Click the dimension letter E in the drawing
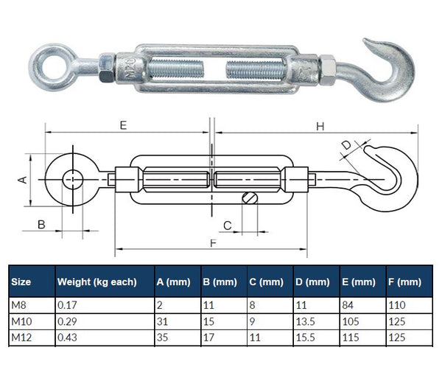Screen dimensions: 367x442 coord(123,125)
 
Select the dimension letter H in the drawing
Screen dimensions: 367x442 coord(320,126)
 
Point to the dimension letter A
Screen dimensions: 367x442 coord(22,179)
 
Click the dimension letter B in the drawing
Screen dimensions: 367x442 coord(42,224)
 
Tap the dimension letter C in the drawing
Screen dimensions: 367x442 coord(228,225)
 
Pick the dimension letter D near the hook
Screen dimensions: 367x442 coord(346,145)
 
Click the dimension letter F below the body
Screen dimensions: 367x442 coord(213,243)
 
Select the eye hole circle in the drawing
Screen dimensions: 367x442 coord(72,178)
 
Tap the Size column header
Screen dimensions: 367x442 coord(21,282)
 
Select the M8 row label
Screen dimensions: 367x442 coord(19,304)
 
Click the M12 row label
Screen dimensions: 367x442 coord(21,337)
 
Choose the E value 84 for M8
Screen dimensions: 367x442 coord(348,304)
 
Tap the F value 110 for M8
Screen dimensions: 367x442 coord(398,304)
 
